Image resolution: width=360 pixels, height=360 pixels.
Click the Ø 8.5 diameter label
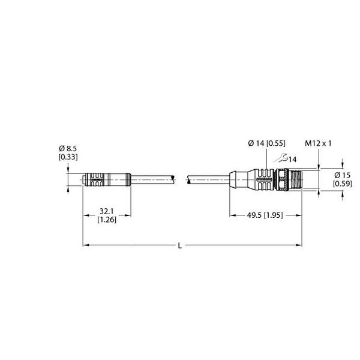[x=68, y=149]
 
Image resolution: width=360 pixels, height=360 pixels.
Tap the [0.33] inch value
[x=68, y=157]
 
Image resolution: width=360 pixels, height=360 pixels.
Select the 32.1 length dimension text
[x=107, y=211]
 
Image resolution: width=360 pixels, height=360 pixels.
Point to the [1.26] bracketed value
[x=107, y=220]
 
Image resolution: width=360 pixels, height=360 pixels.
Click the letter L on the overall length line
[x=180, y=246]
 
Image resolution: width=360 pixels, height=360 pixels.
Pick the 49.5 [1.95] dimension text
[x=265, y=215]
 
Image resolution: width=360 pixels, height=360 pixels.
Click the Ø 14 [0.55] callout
[x=267, y=143]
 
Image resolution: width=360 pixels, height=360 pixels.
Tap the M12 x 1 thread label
[x=318, y=143]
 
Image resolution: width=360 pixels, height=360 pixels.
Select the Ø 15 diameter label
[x=343, y=175]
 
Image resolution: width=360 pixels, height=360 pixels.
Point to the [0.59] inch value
[x=343, y=184]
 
